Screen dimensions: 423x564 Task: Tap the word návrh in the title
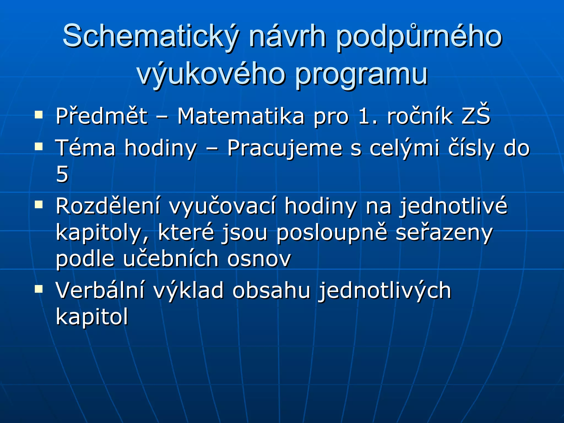[x=288, y=37]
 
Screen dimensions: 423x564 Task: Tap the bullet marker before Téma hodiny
[x=39, y=147]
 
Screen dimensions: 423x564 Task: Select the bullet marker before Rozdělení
[x=39, y=205]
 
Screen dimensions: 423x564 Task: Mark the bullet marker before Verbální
[x=39, y=289]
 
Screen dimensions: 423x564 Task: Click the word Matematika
[x=241, y=116]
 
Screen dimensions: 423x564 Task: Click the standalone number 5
[x=62, y=174]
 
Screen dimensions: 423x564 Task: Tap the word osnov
[x=259, y=259]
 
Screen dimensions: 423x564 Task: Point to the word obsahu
[x=272, y=291]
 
